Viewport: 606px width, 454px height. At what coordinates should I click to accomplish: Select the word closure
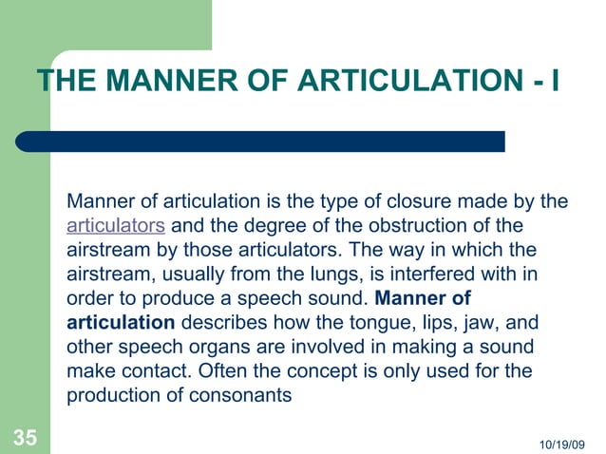pyautogui.click(x=407, y=201)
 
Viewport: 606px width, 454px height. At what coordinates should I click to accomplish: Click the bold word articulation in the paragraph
pyautogui.click(x=121, y=324)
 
